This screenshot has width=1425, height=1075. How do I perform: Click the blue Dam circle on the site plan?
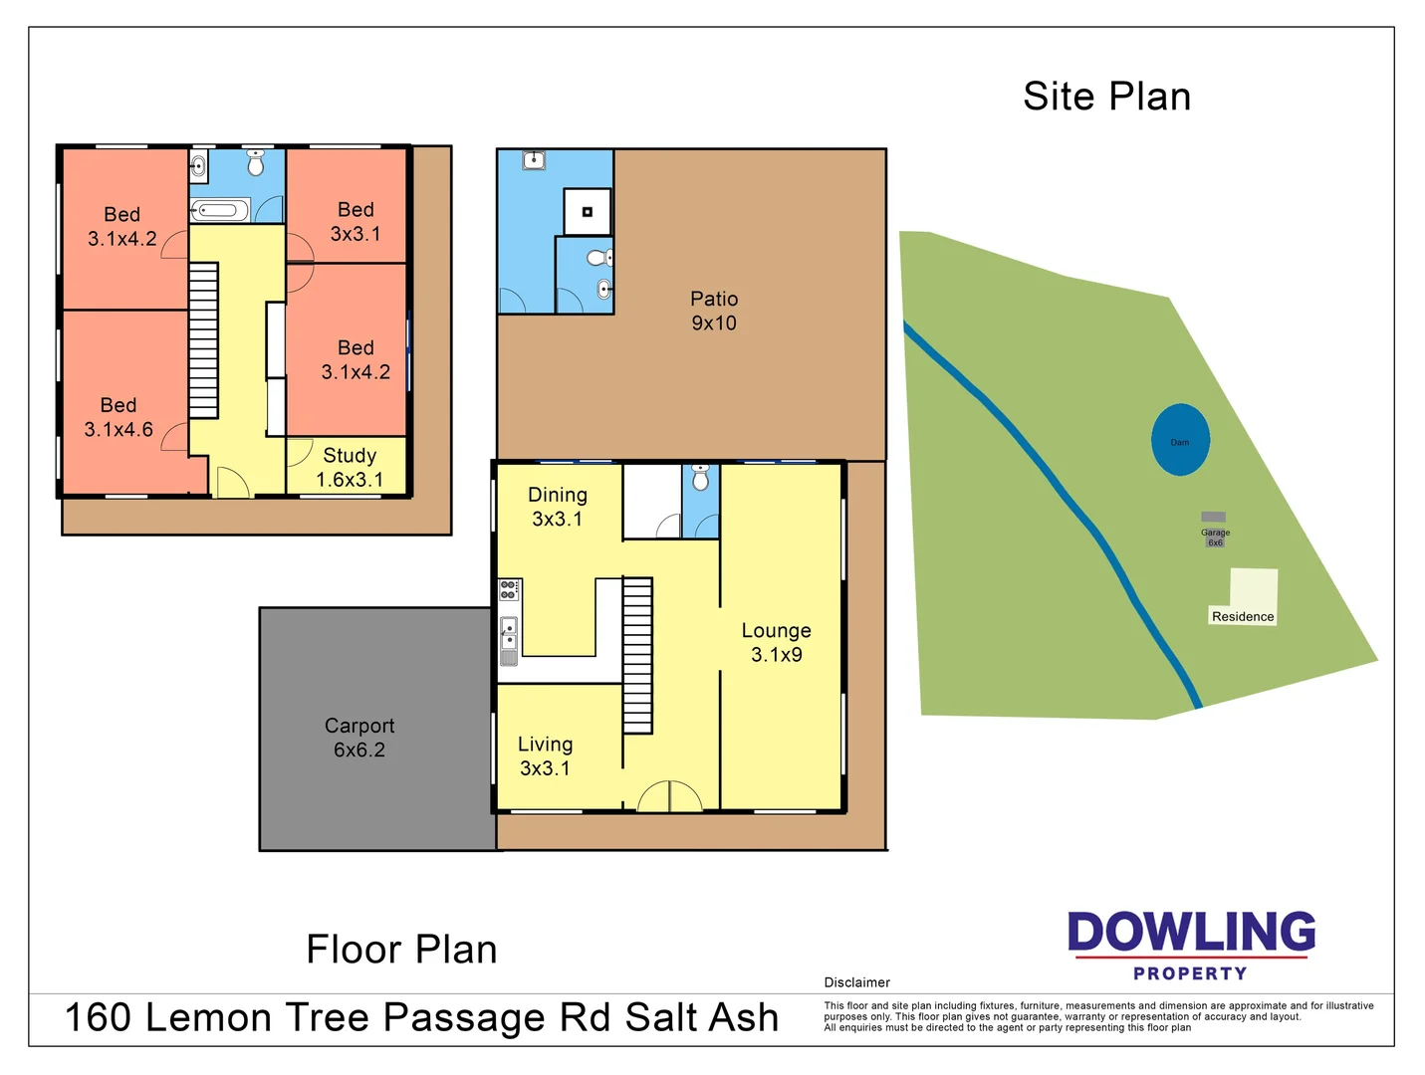coord(1180,440)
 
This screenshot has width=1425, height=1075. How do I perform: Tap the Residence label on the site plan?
coord(1242,616)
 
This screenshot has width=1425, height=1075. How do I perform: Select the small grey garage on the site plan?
coord(1213,518)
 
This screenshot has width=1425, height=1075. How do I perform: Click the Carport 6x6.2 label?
coord(359,738)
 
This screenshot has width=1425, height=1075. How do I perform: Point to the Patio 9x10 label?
coord(714,311)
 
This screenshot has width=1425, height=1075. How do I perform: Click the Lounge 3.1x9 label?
coord(776,642)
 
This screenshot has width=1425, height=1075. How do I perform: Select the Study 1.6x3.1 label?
coord(350,467)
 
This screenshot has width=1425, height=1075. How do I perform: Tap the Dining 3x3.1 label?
coord(557,506)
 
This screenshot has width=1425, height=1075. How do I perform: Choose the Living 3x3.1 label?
coord(545,755)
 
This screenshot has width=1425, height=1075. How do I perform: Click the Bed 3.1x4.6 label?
coord(119,417)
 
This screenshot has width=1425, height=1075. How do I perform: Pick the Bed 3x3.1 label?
coord(356,221)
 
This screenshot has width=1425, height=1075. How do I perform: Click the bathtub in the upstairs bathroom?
coord(219,210)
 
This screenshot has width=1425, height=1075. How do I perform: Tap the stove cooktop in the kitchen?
coord(509,589)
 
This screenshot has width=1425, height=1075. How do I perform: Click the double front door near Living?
coord(669,797)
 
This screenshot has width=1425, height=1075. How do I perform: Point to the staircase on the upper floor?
coord(203,340)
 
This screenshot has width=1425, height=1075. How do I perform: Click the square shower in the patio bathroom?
coord(588,211)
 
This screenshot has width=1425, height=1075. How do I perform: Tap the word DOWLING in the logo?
coord(1191,932)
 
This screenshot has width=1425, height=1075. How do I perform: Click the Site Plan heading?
coord(1106,97)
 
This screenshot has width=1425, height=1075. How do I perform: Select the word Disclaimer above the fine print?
coord(856,982)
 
